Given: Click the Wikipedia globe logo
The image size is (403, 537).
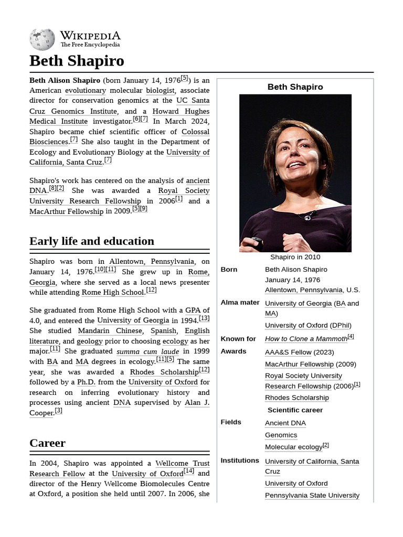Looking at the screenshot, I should (x=42, y=40).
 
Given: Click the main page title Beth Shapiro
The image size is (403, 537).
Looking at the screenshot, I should (x=77, y=61).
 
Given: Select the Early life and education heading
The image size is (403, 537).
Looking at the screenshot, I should (x=92, y=241).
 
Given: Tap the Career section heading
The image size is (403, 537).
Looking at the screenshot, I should (x=47, y=443).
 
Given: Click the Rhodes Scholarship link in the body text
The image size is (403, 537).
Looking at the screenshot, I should (x=164, y=372).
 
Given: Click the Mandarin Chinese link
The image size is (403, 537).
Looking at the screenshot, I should (x=110, y=331).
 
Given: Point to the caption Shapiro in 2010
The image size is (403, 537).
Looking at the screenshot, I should (x=295, y=257).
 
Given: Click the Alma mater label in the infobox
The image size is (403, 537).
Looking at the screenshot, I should (x=240, y=303).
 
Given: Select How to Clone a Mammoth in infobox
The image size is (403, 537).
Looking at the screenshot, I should (x=306, y=339).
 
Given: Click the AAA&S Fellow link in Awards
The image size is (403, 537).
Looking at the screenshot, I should (x=288, y=352).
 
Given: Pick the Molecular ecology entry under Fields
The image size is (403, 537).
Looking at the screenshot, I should (x=293, y=447).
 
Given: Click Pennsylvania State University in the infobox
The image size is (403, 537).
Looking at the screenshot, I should (x=312, y=495).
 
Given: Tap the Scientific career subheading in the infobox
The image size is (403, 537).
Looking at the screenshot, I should (x=295, y=410).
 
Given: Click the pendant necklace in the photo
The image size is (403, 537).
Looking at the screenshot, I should (x=307, y=216).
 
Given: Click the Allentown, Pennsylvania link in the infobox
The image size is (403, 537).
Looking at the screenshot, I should (x=304, y=290).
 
